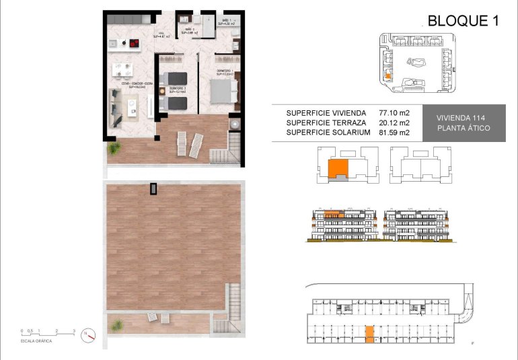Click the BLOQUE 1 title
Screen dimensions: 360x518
click(464, 21)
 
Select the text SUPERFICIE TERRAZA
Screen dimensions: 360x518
click(326, 122)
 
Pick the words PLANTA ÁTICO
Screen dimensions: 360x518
click(463, 128)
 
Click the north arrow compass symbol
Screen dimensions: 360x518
click(89, 336)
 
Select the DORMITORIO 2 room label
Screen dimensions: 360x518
click(177, 88)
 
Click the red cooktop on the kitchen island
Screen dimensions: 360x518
click(133, 45)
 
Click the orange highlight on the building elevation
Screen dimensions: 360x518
click(332, 214)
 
